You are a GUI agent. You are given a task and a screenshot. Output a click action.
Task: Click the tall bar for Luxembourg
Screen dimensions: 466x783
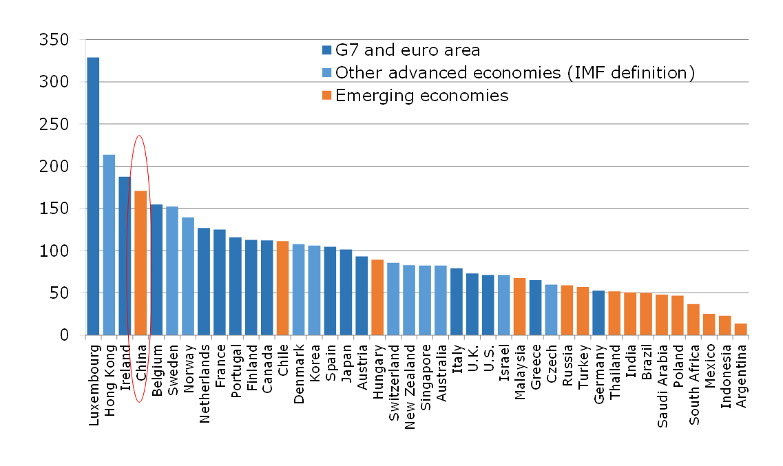coord(93,196)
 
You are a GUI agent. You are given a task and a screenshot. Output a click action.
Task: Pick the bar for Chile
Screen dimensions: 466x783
coord(282,288)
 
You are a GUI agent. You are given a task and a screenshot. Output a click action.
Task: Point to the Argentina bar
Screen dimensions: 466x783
coord(740,329)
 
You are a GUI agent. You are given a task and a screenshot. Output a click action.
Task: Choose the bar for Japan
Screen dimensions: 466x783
coord(346,293)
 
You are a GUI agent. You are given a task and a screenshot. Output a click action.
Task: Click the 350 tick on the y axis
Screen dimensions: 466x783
coord(54,40)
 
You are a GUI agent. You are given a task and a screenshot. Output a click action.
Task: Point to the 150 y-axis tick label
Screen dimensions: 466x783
coord(54,209)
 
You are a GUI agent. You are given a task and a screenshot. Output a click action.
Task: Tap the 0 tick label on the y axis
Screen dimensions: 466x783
coord(65,335)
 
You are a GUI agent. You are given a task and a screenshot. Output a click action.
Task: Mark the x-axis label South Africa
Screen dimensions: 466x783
coord(693,382)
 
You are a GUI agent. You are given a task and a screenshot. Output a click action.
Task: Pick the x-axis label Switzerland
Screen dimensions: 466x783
coord(393,382)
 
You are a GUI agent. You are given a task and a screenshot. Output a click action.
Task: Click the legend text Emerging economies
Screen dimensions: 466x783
coord(421,96)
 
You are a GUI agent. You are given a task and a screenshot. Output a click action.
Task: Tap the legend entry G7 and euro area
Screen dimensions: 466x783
coord(407,50)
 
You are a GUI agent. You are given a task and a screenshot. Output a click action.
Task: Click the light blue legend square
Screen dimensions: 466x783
coord(327,73)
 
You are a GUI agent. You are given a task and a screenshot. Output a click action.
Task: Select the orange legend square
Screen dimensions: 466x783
coord(327,96)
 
